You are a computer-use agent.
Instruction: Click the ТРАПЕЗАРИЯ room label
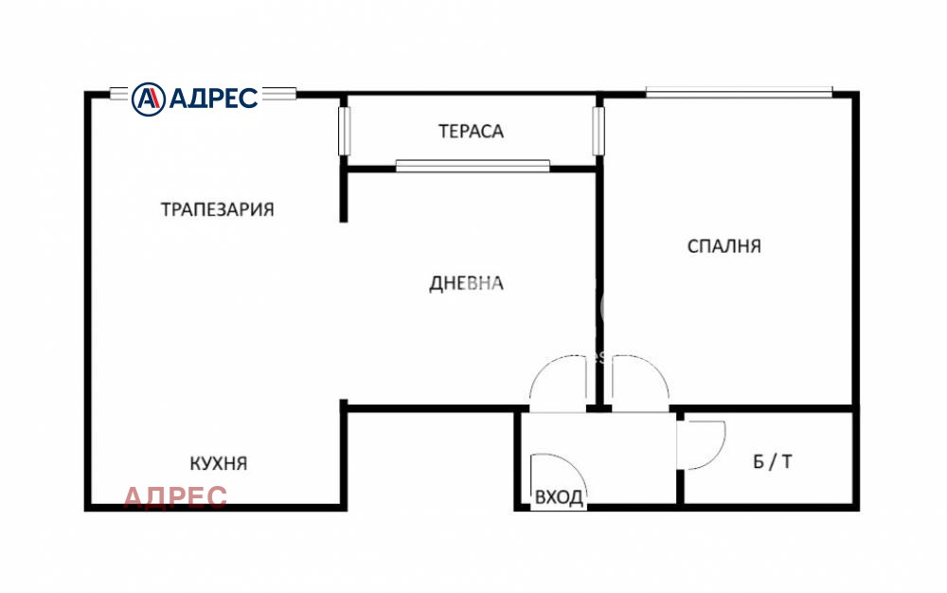(217, 209)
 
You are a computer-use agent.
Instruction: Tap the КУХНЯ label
(218, 463)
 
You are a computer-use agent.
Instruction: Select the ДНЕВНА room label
(466, 283)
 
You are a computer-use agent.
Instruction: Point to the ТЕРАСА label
(471, 131)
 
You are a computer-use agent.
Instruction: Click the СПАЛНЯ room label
(724, 246)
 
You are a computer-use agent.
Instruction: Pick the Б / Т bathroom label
(773, 462)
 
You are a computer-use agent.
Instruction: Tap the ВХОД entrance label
(559, 497)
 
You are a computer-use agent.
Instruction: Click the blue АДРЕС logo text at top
(213, 98)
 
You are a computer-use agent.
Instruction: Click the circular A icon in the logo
(148, 98)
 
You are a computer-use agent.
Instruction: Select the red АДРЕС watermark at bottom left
(175, 496)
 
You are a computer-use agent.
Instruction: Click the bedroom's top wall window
(739, 92)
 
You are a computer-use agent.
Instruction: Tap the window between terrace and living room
(473, 166)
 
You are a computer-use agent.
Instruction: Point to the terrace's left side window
(345, 131)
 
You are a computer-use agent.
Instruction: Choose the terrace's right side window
(598, 131)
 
